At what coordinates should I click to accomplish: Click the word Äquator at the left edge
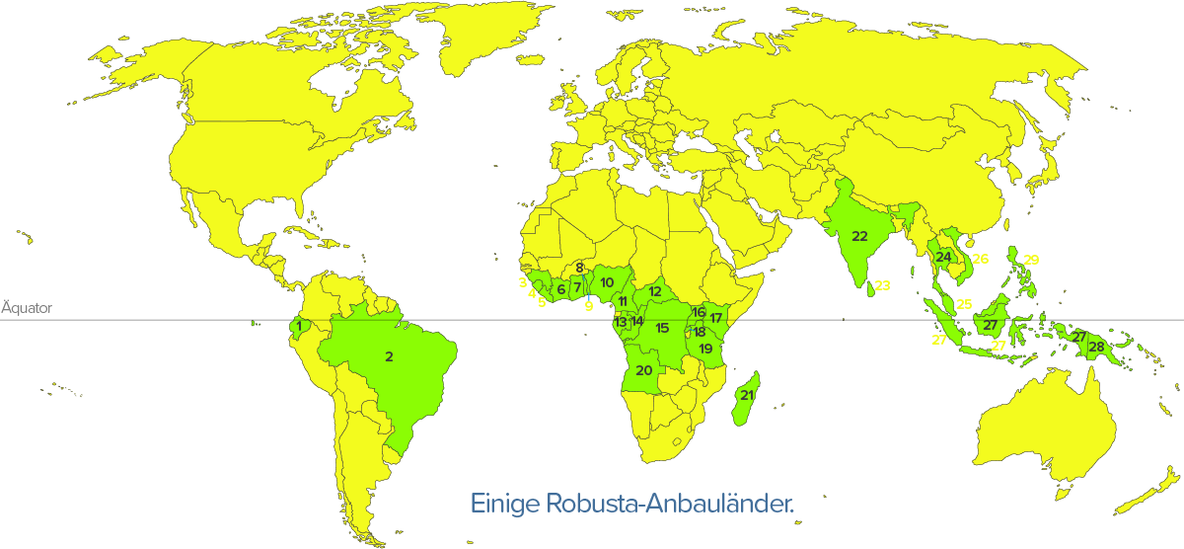tap(27, 308)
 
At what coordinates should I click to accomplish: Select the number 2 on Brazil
tap(390, 356)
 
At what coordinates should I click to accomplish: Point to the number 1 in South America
tap(298, 326)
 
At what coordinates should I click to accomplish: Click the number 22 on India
tap(859, 236)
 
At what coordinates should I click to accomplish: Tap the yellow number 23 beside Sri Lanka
tap(882, 286)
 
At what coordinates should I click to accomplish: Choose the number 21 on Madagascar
tap(747, 396)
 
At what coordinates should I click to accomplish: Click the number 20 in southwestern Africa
tap(644, 371)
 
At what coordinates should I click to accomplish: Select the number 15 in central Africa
tap(662, 328)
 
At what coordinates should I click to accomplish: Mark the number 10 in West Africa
tap(607, 283)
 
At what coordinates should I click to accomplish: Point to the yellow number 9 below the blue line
tap(588, 307)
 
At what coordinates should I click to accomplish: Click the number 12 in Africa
tap(655, 292)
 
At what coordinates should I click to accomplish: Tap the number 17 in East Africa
tap(716, 318)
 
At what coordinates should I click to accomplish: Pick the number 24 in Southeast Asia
tap(944, 258)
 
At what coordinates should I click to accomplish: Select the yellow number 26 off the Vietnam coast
tap(980, 260)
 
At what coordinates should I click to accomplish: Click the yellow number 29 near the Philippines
tap(1031, 260)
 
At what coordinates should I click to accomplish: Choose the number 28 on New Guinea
tap(1096, 347)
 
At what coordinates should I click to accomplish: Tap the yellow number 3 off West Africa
tap(520, 282)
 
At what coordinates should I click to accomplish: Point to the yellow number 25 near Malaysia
tap(964, 304)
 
